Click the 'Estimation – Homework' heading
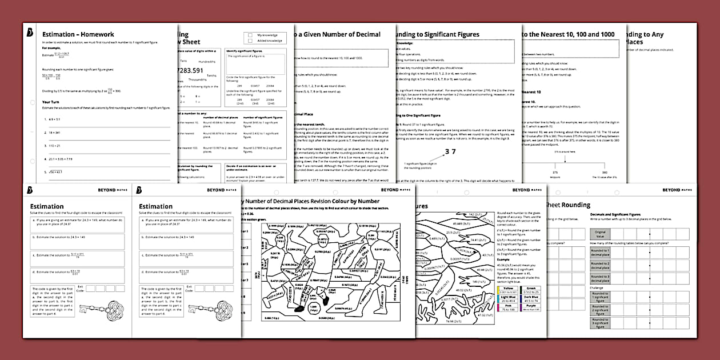point(78,34)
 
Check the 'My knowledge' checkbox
point(250,35)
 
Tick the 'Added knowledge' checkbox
point(250,41)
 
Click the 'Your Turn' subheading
point(52,102)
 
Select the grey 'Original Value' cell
point(600,234)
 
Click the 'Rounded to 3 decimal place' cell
point(600,278)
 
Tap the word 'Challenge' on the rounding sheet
point(597,289)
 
